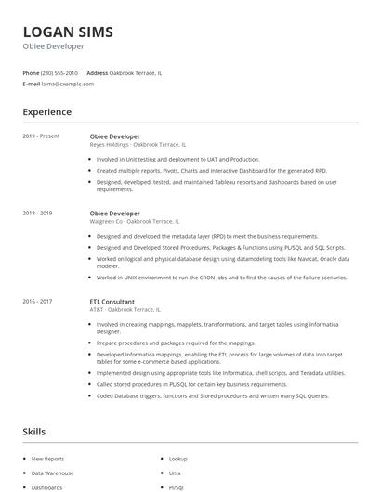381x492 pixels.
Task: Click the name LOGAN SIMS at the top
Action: click(x=68, y=32)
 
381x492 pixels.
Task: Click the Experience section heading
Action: click(x=47, y=112)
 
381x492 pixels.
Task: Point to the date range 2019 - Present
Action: click(x=41, y=136)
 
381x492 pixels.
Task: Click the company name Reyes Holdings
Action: click(x=110, y=145)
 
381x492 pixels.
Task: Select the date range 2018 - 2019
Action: click(x=37, y=214)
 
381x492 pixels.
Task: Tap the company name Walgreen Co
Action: click(x=107, y=222)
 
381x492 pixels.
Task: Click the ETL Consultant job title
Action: click(x=112, y=302)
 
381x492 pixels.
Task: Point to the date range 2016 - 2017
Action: click(x=37, y=302)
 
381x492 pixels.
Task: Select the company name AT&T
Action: click(x=98, y=310)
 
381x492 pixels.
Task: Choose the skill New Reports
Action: click(x=48, y=459)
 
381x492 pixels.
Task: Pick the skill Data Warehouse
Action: click(x=52, y=473)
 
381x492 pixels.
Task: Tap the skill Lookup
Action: click(x=178, y=459)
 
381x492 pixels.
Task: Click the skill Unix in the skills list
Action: click(x=175, y=473)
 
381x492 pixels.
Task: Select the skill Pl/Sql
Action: click(x=177, y=486)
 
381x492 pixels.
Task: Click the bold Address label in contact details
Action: click(x=97, y=72)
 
